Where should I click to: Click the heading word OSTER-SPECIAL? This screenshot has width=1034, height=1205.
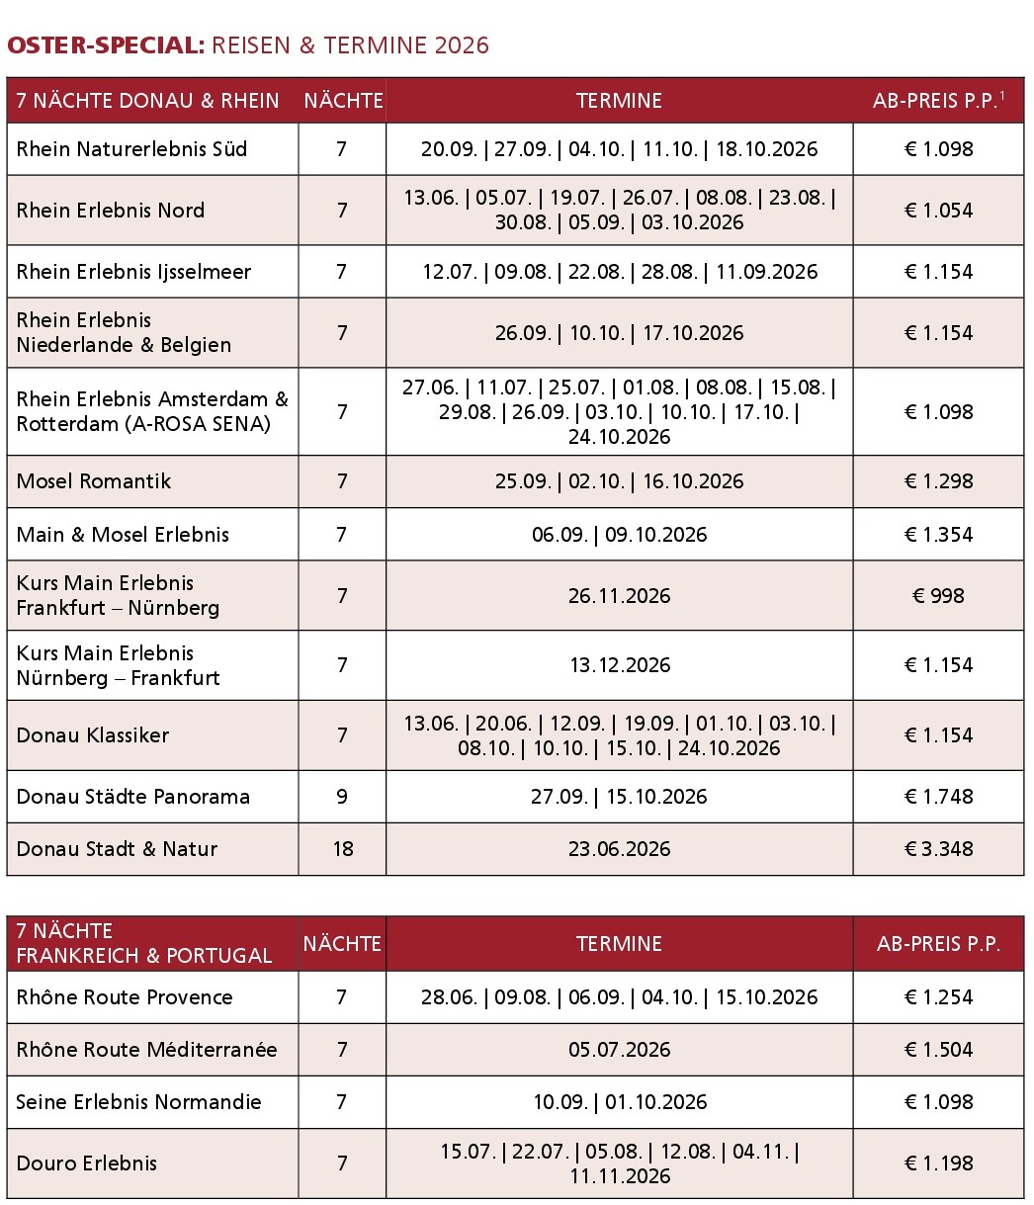pos(106,45)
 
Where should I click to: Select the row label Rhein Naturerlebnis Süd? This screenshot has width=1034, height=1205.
pos(131,149)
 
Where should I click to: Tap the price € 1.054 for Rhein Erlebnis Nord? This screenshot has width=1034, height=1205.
pos(938,211)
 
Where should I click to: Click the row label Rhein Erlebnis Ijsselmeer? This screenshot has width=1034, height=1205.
pos(133,272)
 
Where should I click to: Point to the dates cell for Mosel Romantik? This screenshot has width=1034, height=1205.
pos(619,481)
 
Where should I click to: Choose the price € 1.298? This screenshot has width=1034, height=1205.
pos(938,481)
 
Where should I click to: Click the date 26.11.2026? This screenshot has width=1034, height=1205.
pos(619,596)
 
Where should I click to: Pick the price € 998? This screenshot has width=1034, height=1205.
pos(938,596)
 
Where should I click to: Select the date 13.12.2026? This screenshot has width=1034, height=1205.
pos(619,665)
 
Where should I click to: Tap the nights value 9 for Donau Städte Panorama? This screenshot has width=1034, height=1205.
pos(342,797)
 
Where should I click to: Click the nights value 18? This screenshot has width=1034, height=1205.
pos(342,849)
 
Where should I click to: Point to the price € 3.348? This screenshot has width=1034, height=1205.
pos(938,849)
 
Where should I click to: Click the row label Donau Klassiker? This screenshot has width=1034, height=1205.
pos(93,735)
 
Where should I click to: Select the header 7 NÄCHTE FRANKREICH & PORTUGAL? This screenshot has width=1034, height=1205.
pos(143,944)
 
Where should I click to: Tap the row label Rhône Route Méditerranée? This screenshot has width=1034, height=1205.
pos(146,1050)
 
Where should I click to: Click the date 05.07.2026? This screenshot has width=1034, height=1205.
pos(619,1050)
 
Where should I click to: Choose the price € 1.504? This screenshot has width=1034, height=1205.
pos(938,1050)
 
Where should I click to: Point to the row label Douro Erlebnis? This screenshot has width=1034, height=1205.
pos(87,1163)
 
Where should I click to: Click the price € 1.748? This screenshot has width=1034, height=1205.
pos(938,797)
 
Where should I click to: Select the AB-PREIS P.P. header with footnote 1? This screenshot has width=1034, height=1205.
pos(938,101)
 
